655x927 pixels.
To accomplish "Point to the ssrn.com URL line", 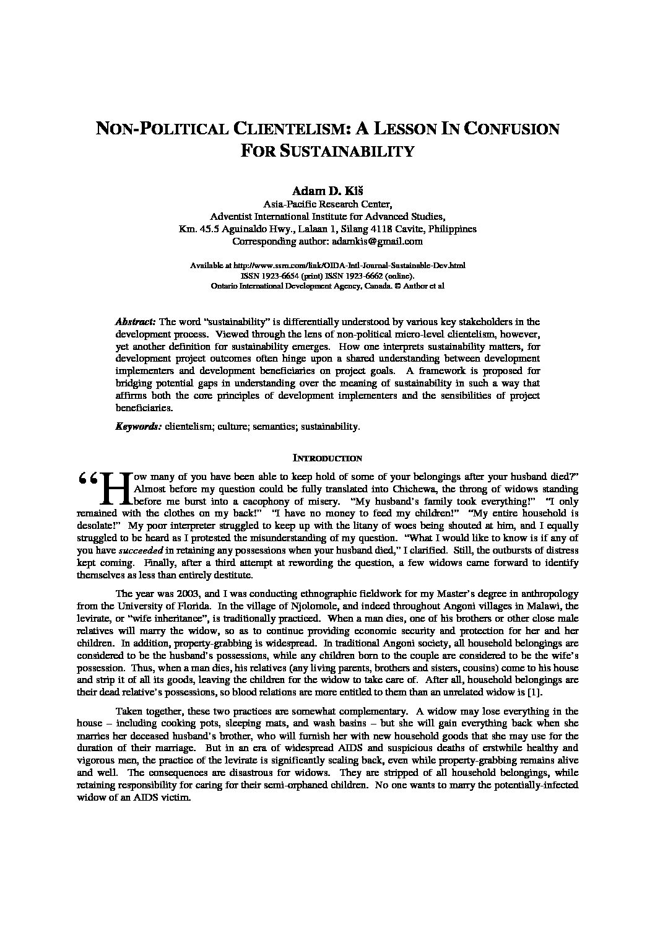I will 327,266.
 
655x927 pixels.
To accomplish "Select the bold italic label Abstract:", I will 136,322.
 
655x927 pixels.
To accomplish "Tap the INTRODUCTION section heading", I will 327,459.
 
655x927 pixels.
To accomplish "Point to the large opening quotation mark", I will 87,480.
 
